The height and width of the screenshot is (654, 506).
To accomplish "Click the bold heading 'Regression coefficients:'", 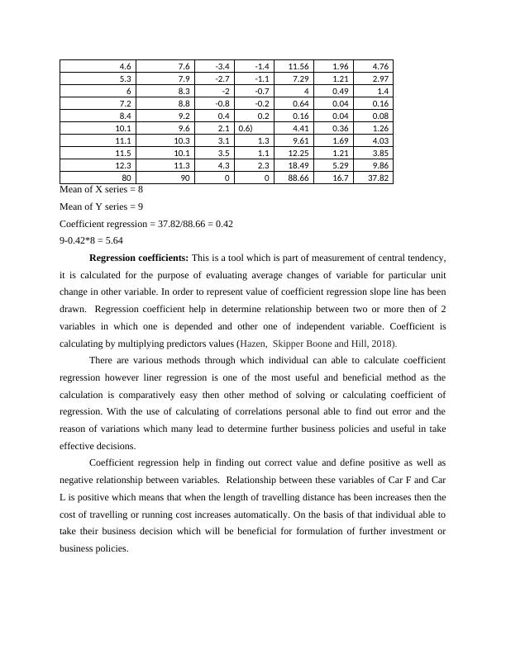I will pos(139,258).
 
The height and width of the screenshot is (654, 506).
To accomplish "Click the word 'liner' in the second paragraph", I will pos(174,377).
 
